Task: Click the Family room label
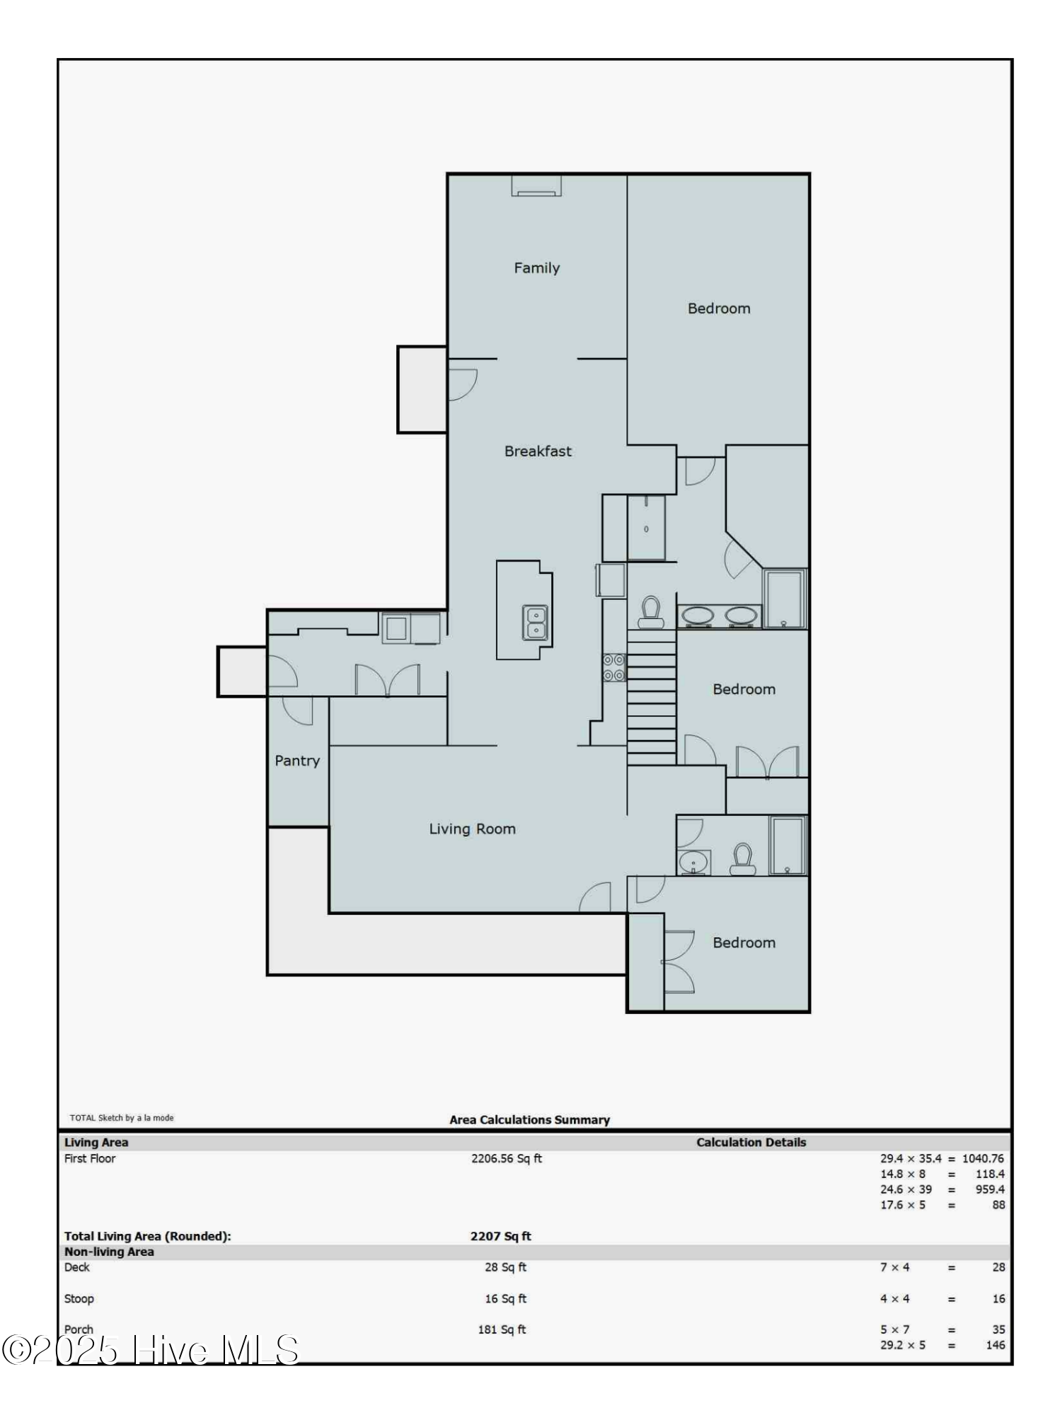coord(536,268)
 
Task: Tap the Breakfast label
coord(538,451)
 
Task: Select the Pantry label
coord(297,761)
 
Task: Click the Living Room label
coord(472,829)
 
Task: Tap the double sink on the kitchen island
coord(536,623)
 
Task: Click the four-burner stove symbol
coord(614,667)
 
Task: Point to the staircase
coord(651,697)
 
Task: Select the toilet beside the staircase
coord(650,612)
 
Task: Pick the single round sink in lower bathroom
coord(693,863)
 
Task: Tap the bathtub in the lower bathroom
coord(788,845)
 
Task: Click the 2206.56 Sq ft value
coord(507,1158)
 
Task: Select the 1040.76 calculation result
coord(983,1158)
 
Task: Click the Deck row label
coord(77,1267)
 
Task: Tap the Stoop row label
coord(79,1298)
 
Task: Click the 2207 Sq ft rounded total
coord(500,1236)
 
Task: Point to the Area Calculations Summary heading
coord(529,1120)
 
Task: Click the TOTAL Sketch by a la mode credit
coord(122,1118)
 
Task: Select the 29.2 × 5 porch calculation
coord(902,1345)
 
